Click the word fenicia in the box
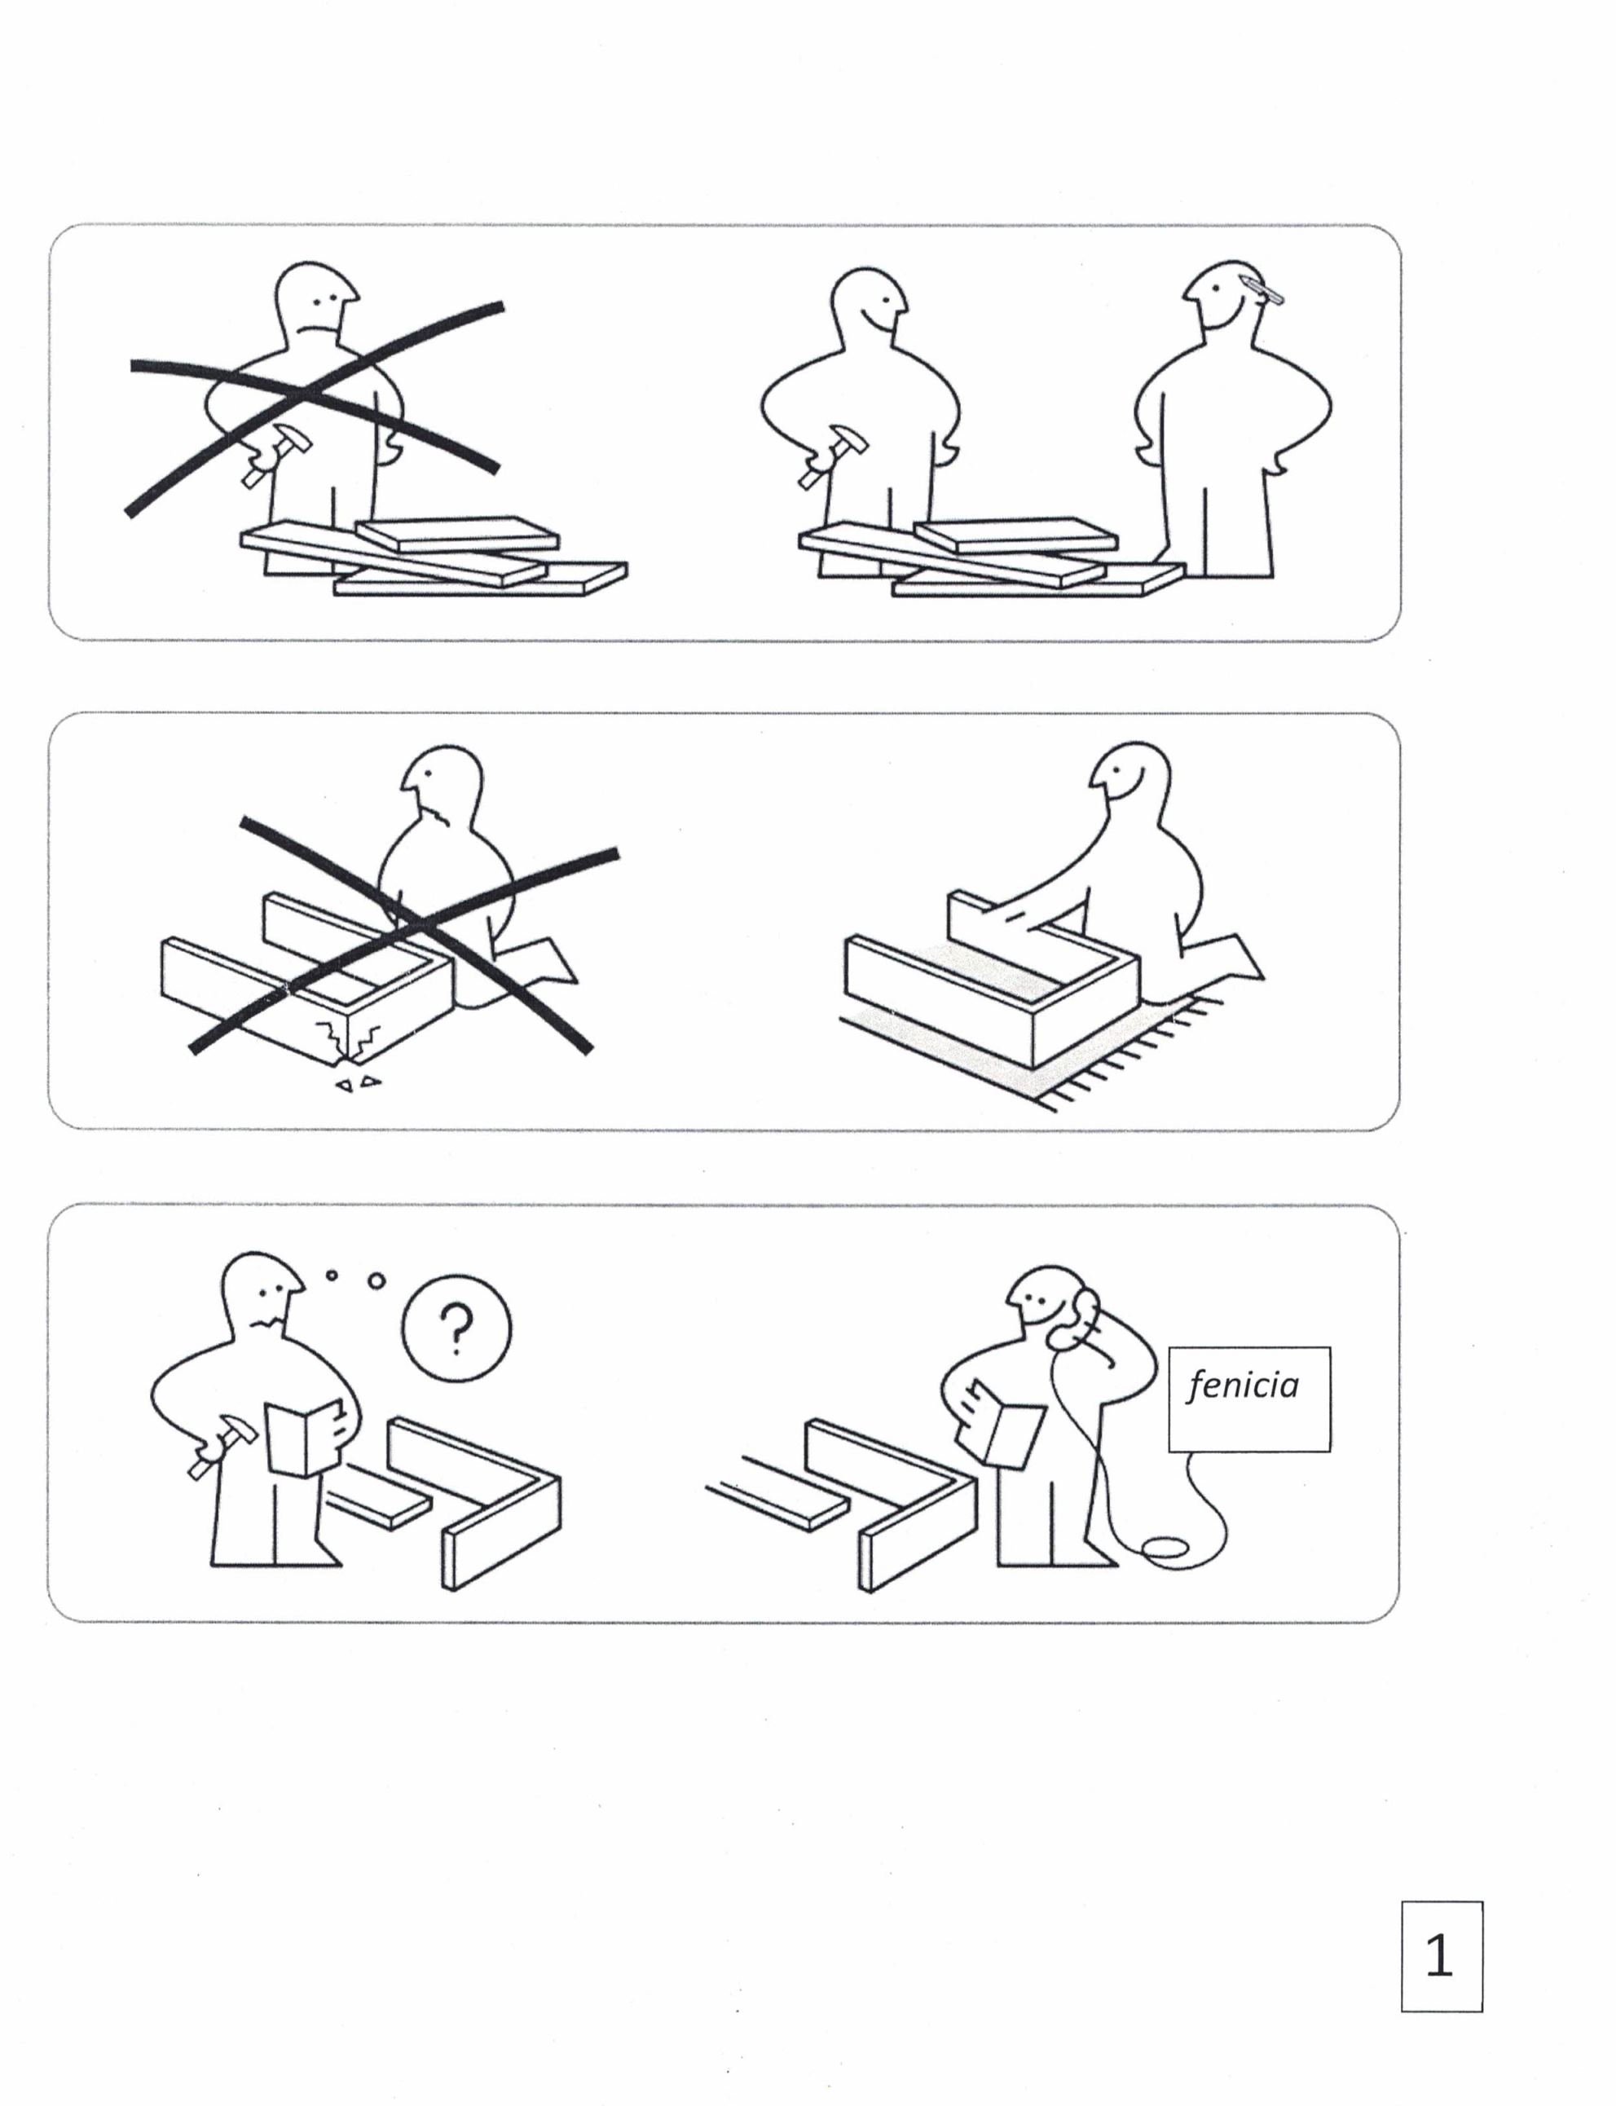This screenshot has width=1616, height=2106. pyautogui.click(x=1243, y=1386)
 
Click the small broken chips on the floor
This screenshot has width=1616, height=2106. pyautogui.click(x=358, y=1082)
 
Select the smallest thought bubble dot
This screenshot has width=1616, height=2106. pyautogui.click(x=332, y=1275)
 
